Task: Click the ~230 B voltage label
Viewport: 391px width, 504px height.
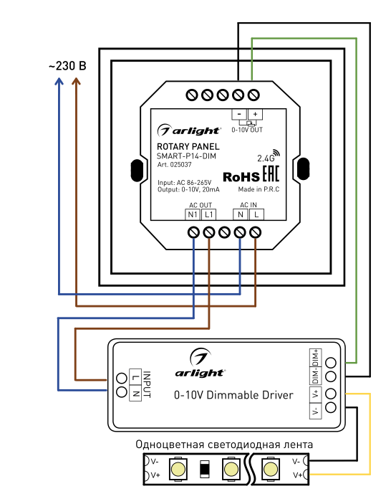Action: pos(67,66)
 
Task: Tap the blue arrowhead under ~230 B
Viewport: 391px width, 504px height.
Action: pos(59,81)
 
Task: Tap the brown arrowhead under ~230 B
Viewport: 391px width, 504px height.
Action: pos(76,81)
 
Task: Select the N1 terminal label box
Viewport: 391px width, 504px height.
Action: pos(193,214)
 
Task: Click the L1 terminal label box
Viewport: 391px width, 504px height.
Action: pos(208,214)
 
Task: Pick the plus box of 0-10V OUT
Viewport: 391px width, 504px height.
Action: pos(255,114)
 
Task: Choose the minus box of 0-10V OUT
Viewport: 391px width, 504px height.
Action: pos(239,114)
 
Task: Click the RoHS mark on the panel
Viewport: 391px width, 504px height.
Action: pos(241,177)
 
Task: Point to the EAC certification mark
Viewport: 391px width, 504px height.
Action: pos(271,174)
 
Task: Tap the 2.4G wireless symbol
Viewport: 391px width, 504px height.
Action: pos(269,156)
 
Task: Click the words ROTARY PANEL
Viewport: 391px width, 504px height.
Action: pos(188,147)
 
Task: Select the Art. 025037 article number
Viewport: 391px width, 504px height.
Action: pos(174,165)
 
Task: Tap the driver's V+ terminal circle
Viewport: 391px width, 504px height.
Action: pos(331,394)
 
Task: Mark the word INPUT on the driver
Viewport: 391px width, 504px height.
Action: pos(147,384)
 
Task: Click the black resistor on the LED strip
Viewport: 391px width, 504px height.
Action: pos(205,469)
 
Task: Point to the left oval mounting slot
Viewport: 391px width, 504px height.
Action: pos(137,171)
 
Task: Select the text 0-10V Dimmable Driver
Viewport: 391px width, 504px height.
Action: pos(233,395)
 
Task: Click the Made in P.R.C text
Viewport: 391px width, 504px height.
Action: pos(259,189)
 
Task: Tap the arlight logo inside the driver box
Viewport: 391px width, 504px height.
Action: pos(200,363)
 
